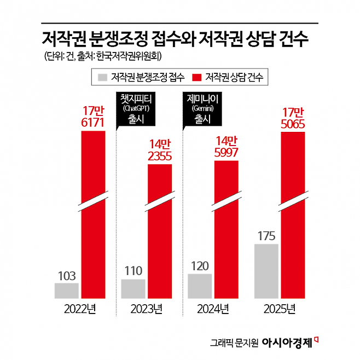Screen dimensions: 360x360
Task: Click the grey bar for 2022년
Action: (67, 291)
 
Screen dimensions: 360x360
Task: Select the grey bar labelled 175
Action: (266, 271)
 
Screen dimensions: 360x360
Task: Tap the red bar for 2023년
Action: (160, 231)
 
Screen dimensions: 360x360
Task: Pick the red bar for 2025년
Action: (293, 215)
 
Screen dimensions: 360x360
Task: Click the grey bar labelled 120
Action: (200, 286)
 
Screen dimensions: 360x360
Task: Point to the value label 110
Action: (133, 271)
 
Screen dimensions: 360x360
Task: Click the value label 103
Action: (67, 276)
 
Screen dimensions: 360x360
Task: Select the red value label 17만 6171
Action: (93, 117)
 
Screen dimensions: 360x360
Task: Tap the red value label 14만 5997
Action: (226, 147)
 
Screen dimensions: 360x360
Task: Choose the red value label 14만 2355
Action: (160, 150)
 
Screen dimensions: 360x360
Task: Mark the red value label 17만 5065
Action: (293, 118)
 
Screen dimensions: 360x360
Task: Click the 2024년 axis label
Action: (213, 309)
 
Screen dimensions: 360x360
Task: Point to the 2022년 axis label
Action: (80, 309)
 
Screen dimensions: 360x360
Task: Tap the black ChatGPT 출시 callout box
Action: (136, 109)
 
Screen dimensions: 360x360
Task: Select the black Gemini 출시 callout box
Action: (202, 109)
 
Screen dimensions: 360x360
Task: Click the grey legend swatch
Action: (102, 77)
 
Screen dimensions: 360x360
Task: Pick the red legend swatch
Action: (196, 77)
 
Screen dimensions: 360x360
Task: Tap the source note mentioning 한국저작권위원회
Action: (103, 56)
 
